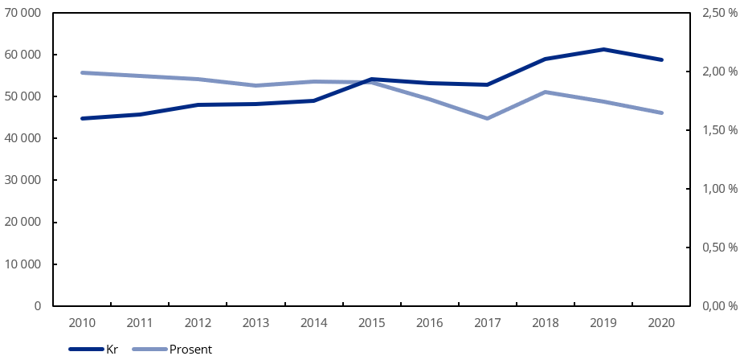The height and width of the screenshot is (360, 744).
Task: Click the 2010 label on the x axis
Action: (x=82, y=323)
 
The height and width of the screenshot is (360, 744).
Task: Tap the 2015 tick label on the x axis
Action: (x=371, y=323)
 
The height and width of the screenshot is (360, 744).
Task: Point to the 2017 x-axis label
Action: (x=487, y=323)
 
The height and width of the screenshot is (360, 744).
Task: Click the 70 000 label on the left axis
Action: (x=27, y=13)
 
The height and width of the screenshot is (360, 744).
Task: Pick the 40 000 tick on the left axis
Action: (x=27, y=138)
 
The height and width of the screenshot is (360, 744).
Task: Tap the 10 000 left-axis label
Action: (x=27, y=264)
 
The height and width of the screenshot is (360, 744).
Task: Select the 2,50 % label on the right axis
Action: (x=720, y=13)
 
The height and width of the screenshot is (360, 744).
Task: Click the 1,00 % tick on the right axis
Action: (x=720, y=189)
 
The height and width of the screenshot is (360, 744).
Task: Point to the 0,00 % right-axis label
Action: (x=720, y=306)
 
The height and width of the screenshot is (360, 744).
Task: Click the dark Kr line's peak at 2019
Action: (x=603, y=49)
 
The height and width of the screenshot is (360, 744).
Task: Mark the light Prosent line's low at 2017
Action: (x=487, y=118)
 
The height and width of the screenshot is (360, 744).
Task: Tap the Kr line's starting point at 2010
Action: (x=82, y=118)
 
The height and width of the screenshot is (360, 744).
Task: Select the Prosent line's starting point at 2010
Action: (x=82, y=72)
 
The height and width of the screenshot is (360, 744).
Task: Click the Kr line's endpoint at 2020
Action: (x=661, y=59)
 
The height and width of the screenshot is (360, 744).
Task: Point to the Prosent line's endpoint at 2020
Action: (x=661, y=112)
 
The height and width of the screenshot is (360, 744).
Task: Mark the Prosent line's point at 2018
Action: (x=546, y=92)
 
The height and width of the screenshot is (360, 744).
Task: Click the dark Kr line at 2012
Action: (x=198, y=104)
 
